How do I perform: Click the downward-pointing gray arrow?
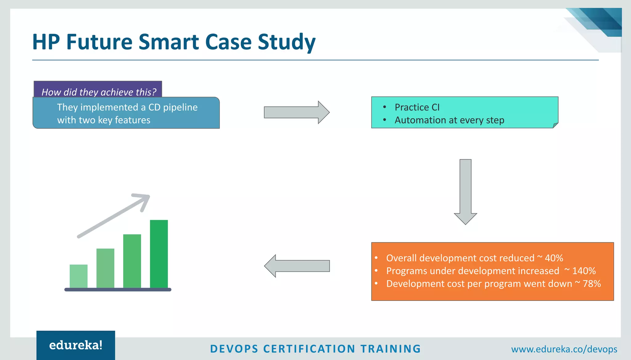[x=465, y=191]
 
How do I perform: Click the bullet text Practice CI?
[x=417, y=107]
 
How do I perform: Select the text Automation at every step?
[x=449, y=120]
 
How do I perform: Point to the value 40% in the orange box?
[x=554, y=258]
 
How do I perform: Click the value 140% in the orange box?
[x=584, y=271]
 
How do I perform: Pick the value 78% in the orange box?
[x=592, y=284]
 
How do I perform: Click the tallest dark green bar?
[x=159, y=254]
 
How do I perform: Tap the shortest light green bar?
[x=79, y=276]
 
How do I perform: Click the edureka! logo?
[x=76, y=345]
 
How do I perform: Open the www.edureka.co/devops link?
[x=564, y=349]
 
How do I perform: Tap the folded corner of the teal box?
[x=556, y=125]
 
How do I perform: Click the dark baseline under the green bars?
[x=118, y=289]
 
